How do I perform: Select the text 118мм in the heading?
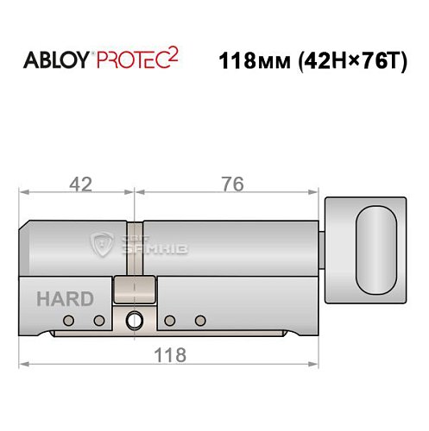pyautogui.click(x=249, y=63)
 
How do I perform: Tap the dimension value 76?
pyautogui.click(x=232, y=184)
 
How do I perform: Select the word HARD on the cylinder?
pyautogui.click(x=65, y=299)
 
